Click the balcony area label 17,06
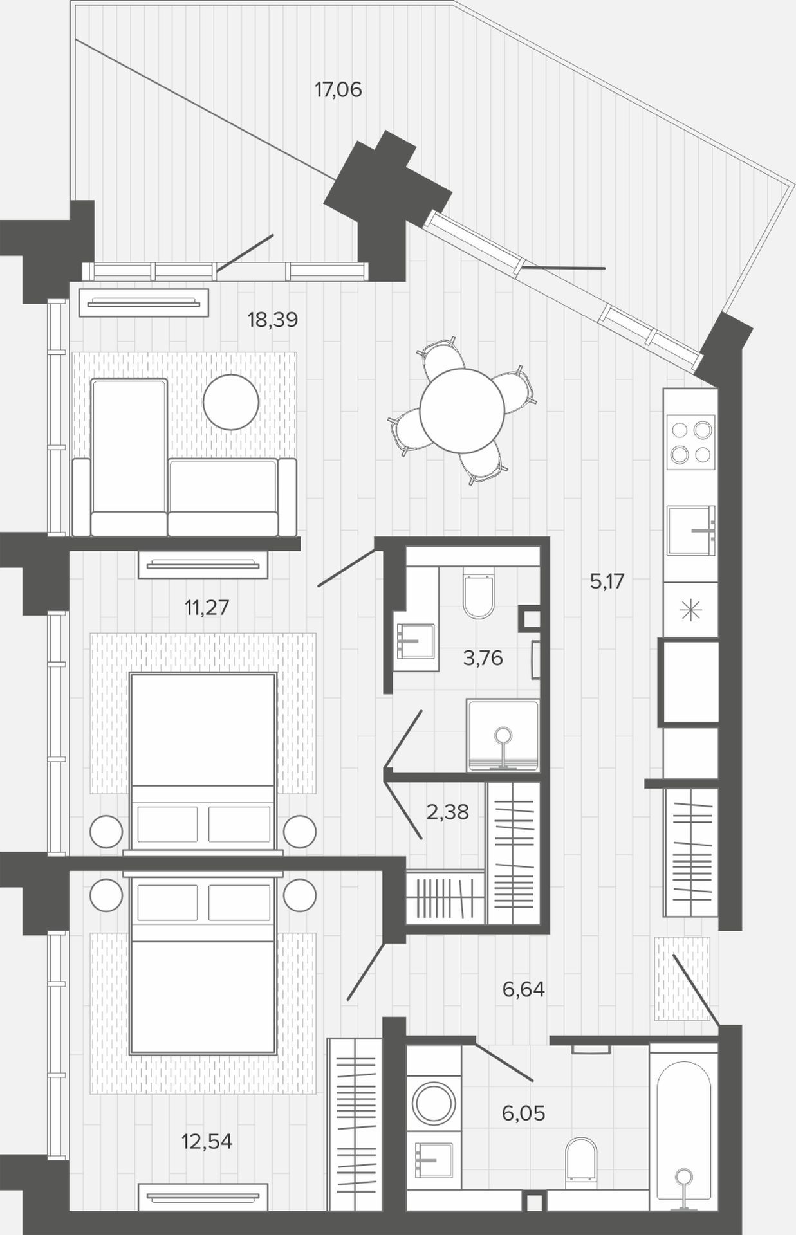[338, 89]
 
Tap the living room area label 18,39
[272, 319]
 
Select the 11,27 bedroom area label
[207, 607]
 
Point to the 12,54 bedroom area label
[207, 1141]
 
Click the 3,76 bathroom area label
[483, 658]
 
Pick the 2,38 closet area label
[447, 812]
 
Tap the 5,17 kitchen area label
[607, 581]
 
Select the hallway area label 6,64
[523, 989]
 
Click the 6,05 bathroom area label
[523, 1113]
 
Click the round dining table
[462, 410]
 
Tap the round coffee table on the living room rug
[230, 402]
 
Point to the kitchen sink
[691, 530]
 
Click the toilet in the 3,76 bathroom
[478, 592]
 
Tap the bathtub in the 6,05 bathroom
[683, 1130]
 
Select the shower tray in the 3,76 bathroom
[503, 736]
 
